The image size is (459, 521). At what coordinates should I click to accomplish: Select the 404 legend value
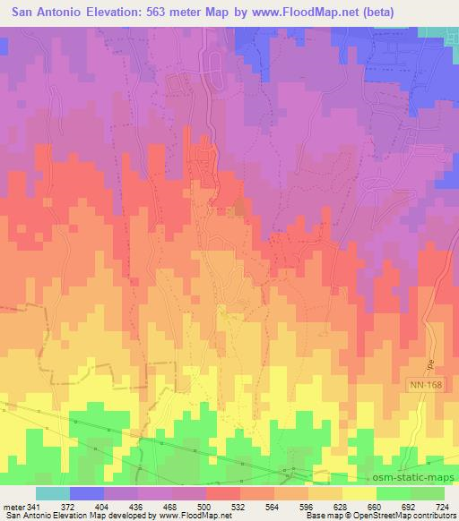(105, 506)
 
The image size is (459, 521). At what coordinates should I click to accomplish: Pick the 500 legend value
(207, 506)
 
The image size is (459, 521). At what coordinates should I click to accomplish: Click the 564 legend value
(275, 506)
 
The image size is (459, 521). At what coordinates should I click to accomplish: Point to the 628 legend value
(343, 506)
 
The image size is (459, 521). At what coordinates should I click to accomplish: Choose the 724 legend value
(444, 506)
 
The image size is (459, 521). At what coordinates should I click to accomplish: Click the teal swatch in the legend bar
(53, 493)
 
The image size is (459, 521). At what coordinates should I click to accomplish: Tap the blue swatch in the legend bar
(87, 493)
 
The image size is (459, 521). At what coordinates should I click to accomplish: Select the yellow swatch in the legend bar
(359, 493)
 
